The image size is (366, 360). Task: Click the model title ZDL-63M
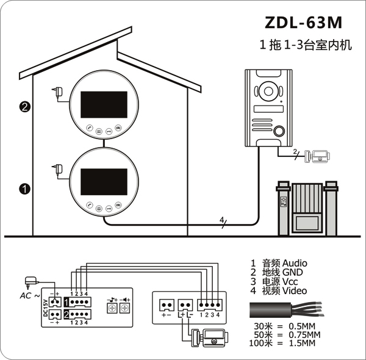pyautogui.click(x=303, y=23)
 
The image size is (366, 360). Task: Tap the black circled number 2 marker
pyautogui.click(x=24, y=107)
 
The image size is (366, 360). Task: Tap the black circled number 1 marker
pyautogui.click(x=24, y=189)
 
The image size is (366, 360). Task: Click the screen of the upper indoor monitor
pyautogui.click(x=104, y=104)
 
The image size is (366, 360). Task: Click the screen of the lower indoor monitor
pyautogui.click(x=104, y=182)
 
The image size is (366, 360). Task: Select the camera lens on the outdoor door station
pyautogui.click(x=268, y=91)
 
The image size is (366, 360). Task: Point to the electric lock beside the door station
pyautogui.click(x=317, y=156)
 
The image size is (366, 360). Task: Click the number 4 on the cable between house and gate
pyautogui.click(x=221, y=220)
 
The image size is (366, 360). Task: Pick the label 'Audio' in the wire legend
pyautogui.click(x=295, y=263)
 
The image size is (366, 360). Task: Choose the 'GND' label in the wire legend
pyautogui.click(x=292, y=272)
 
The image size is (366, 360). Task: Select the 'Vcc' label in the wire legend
pyautogui.click(x=290, y=281)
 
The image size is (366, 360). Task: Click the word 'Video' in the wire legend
pyautogui.click(x=295, y=290)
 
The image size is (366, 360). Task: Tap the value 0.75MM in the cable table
pyautogui.click(x=304, y=334)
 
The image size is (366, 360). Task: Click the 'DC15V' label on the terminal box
pyautogui.click(x=46, y=308)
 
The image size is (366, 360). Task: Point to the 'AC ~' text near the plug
pyautogui.click(x=30, y=296)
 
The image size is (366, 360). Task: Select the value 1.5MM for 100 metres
pyautogui.click(x=302, y=343)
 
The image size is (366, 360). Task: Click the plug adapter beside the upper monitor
pyautogui.click(x=58, y=92)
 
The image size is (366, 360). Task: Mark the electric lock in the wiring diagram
pyautogui.click(x=209, y=338)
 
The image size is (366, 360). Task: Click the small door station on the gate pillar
pyautogui.click(x=284, y=201)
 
